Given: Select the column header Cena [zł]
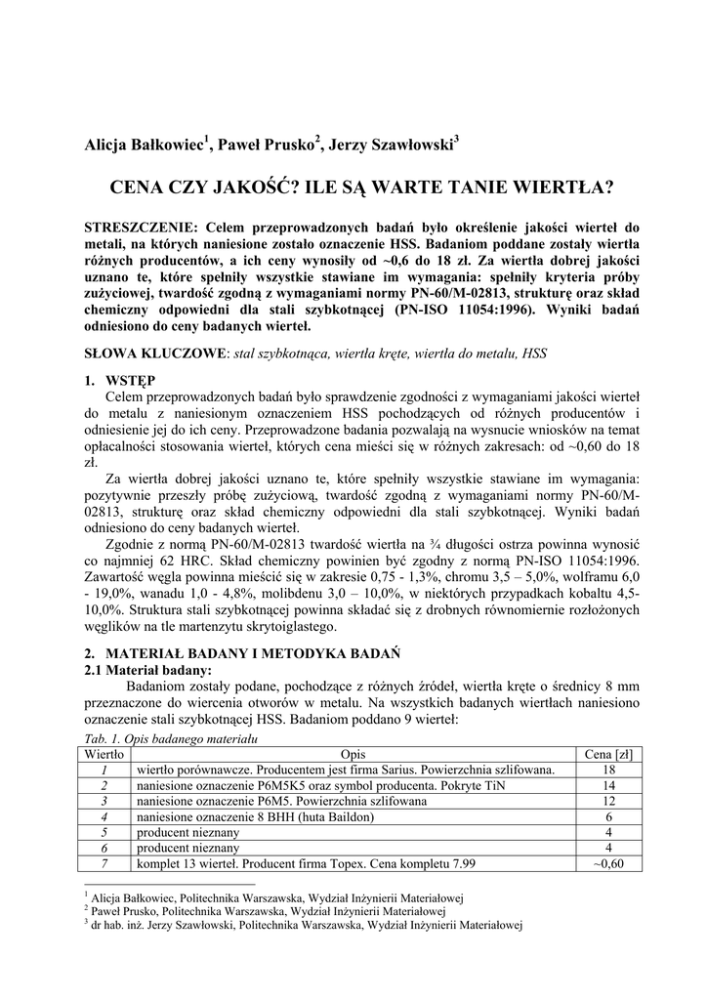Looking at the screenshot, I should pos(608,753).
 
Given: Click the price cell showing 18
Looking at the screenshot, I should pos(608,770).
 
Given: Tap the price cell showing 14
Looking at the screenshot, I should pos(608,785).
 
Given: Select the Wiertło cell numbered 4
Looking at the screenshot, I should pos(104,816).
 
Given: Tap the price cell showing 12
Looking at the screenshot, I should pos(608,801).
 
